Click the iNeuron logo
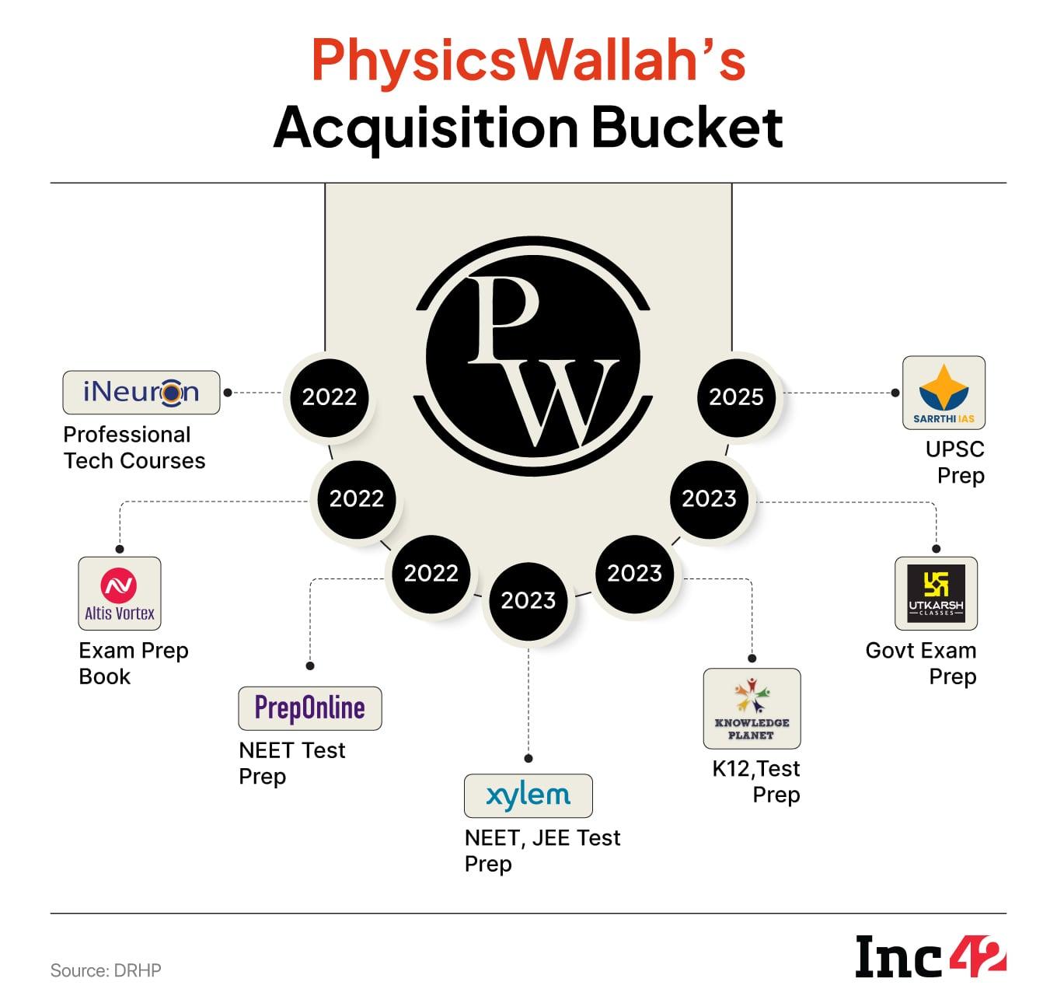click(x=141, y=393)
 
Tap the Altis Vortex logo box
click(x=120, y=593)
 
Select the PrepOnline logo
click(x=310, y=708)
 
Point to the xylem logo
click(x=528, y=795)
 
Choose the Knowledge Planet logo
click(x=752, y=708)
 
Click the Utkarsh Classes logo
click(x=936, y=593)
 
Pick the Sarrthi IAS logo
click(x=944, y=393)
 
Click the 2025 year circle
click(x=736, y=397)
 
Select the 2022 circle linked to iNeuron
click(x=329, y=397)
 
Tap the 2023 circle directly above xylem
click(x=528, y=600)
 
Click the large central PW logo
click(x=533, y=359)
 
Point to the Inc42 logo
click(x=930, y=956)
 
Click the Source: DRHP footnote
click(x=106, y=970)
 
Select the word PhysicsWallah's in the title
click(x=528, y=61)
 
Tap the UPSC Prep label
click(x=955, y=462)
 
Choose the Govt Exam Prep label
click(x=922, y=663)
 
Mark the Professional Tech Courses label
click(x=134, y=448)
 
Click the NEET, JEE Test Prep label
click(x=542, y=851)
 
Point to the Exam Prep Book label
click(x=134, y=663)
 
